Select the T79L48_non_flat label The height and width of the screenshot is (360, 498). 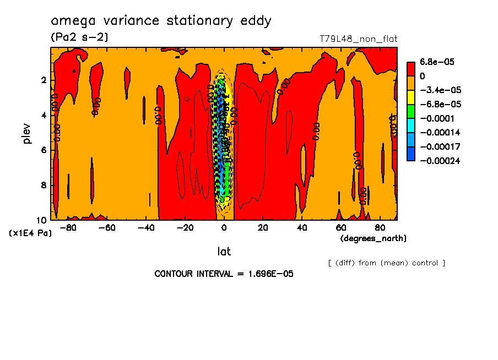[358, 39]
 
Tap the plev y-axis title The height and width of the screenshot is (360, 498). [28, 133]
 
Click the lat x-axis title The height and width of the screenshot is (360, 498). [224, 252]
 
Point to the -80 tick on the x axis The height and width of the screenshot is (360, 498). [68, 228]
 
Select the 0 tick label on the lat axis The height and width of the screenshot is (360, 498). [224, 228]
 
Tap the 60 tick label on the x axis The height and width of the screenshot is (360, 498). [341, 228]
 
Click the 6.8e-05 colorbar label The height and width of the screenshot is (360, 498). [437, 62]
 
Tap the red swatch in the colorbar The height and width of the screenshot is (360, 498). [410, 68]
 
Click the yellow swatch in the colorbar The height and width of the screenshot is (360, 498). [410, 97]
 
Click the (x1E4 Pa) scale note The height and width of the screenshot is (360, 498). [30, 233]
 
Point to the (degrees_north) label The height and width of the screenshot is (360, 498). [373, 238]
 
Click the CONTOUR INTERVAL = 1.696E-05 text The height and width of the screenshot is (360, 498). [224, 274]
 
